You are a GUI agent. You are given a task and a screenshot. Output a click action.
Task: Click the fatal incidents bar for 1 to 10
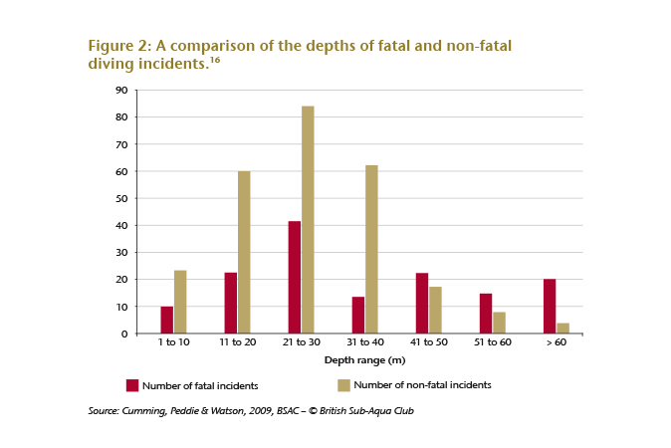167,320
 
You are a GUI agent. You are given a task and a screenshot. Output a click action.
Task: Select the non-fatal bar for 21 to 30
308,219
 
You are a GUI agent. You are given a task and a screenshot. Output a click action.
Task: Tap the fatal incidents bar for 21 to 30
295,277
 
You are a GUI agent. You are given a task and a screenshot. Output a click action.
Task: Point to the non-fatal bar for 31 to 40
371,249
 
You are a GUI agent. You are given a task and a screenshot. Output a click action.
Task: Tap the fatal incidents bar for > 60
550,306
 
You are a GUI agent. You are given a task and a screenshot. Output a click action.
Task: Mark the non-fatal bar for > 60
562,328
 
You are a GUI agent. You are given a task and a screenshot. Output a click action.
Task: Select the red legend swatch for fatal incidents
130,384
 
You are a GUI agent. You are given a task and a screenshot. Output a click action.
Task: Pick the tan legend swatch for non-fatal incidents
343,384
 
